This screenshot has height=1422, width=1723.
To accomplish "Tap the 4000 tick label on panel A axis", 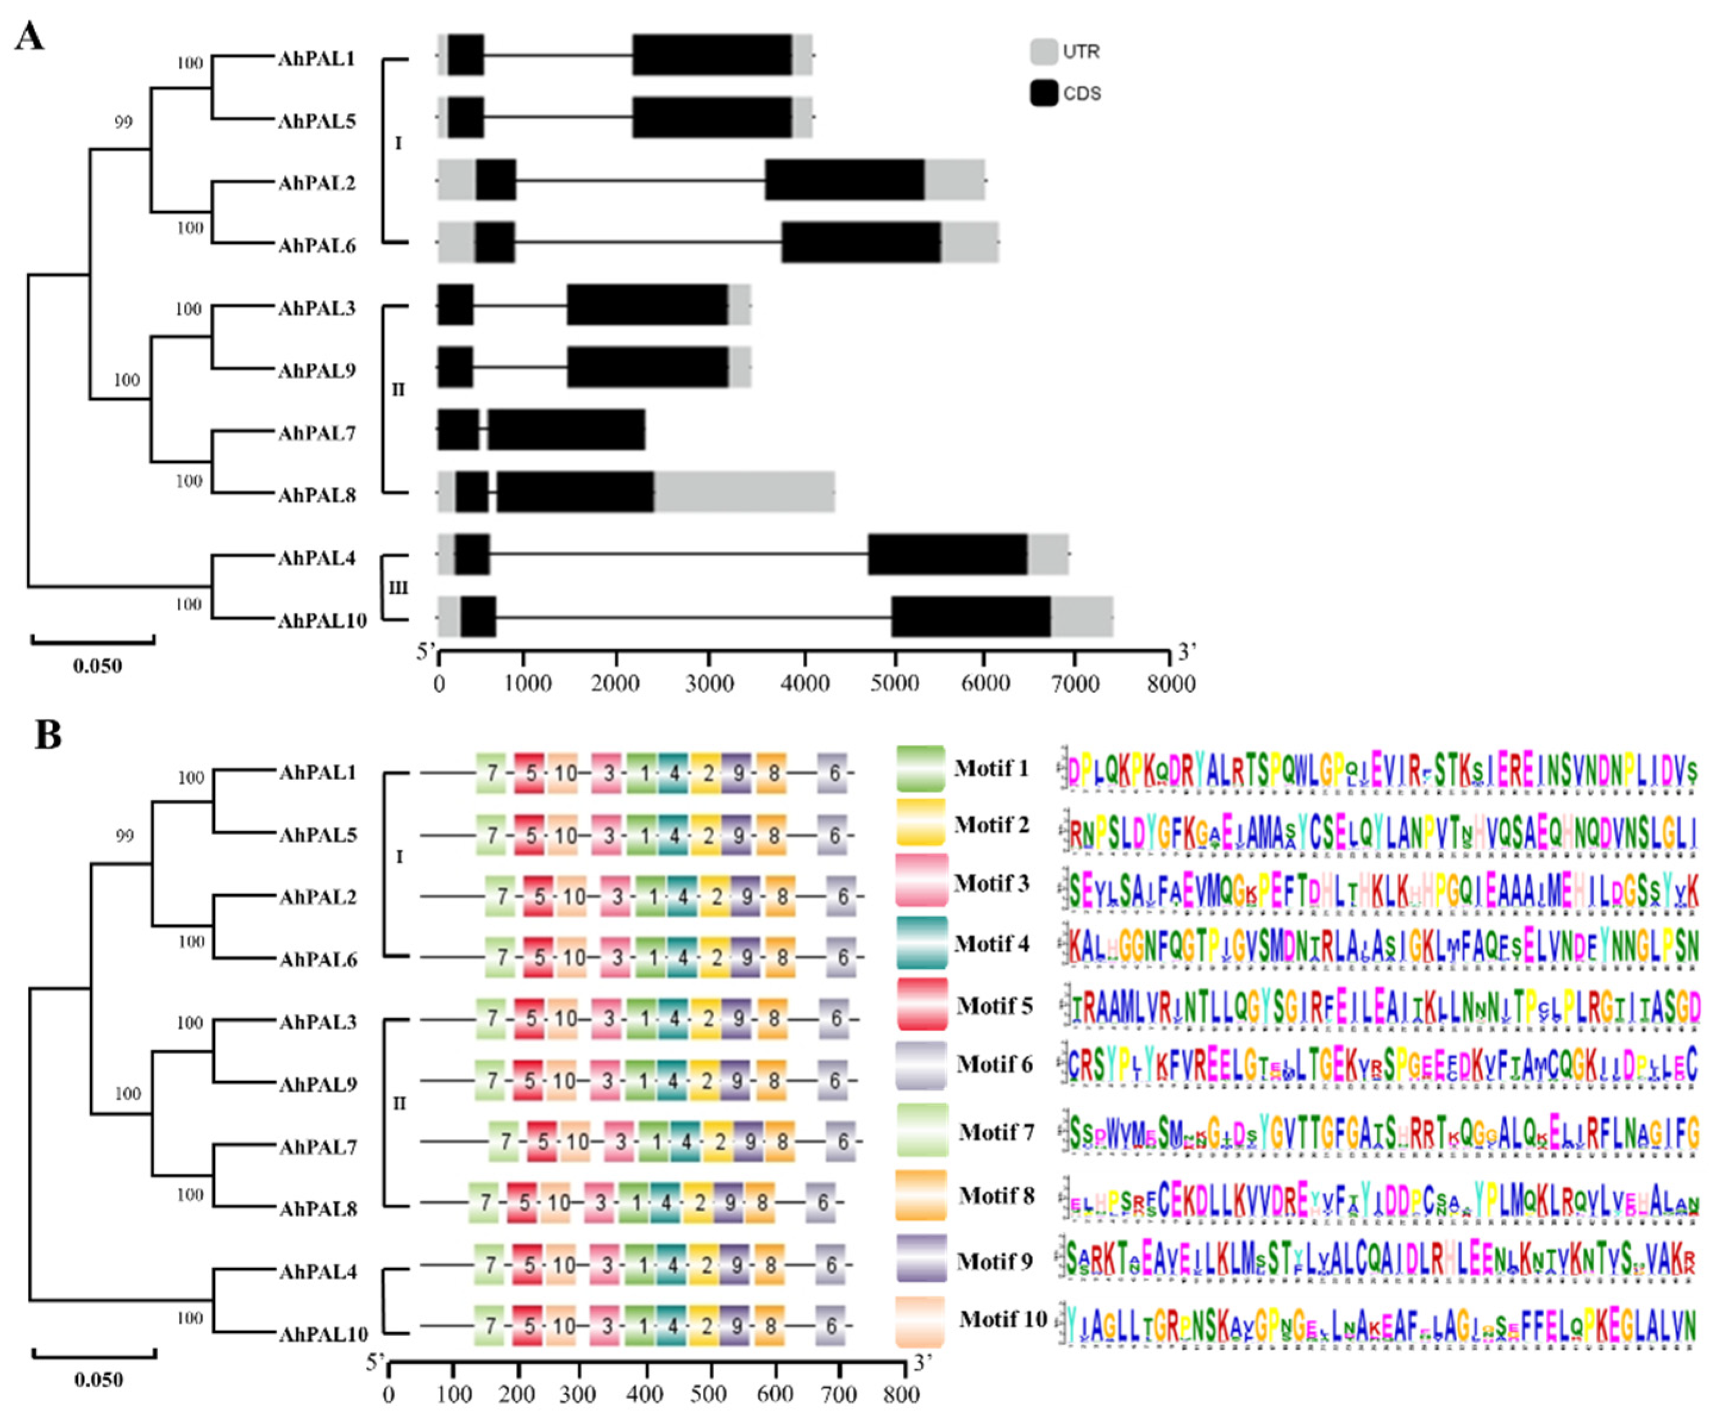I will click(805, 682).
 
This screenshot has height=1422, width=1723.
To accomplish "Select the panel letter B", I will click(48, 735).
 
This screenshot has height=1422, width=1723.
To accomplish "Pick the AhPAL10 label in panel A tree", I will click(321, 620).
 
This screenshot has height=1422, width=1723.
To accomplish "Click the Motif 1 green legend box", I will click(920, 768).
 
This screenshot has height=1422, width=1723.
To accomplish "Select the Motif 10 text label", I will click(1003, 1319).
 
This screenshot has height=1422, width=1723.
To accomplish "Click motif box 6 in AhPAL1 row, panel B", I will click(833, 772).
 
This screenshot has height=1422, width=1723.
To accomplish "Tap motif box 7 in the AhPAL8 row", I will click(484, 1202).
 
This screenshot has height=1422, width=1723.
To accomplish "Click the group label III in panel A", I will click(398, 587).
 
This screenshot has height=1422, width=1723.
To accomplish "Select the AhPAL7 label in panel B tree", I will click(318, 1146).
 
